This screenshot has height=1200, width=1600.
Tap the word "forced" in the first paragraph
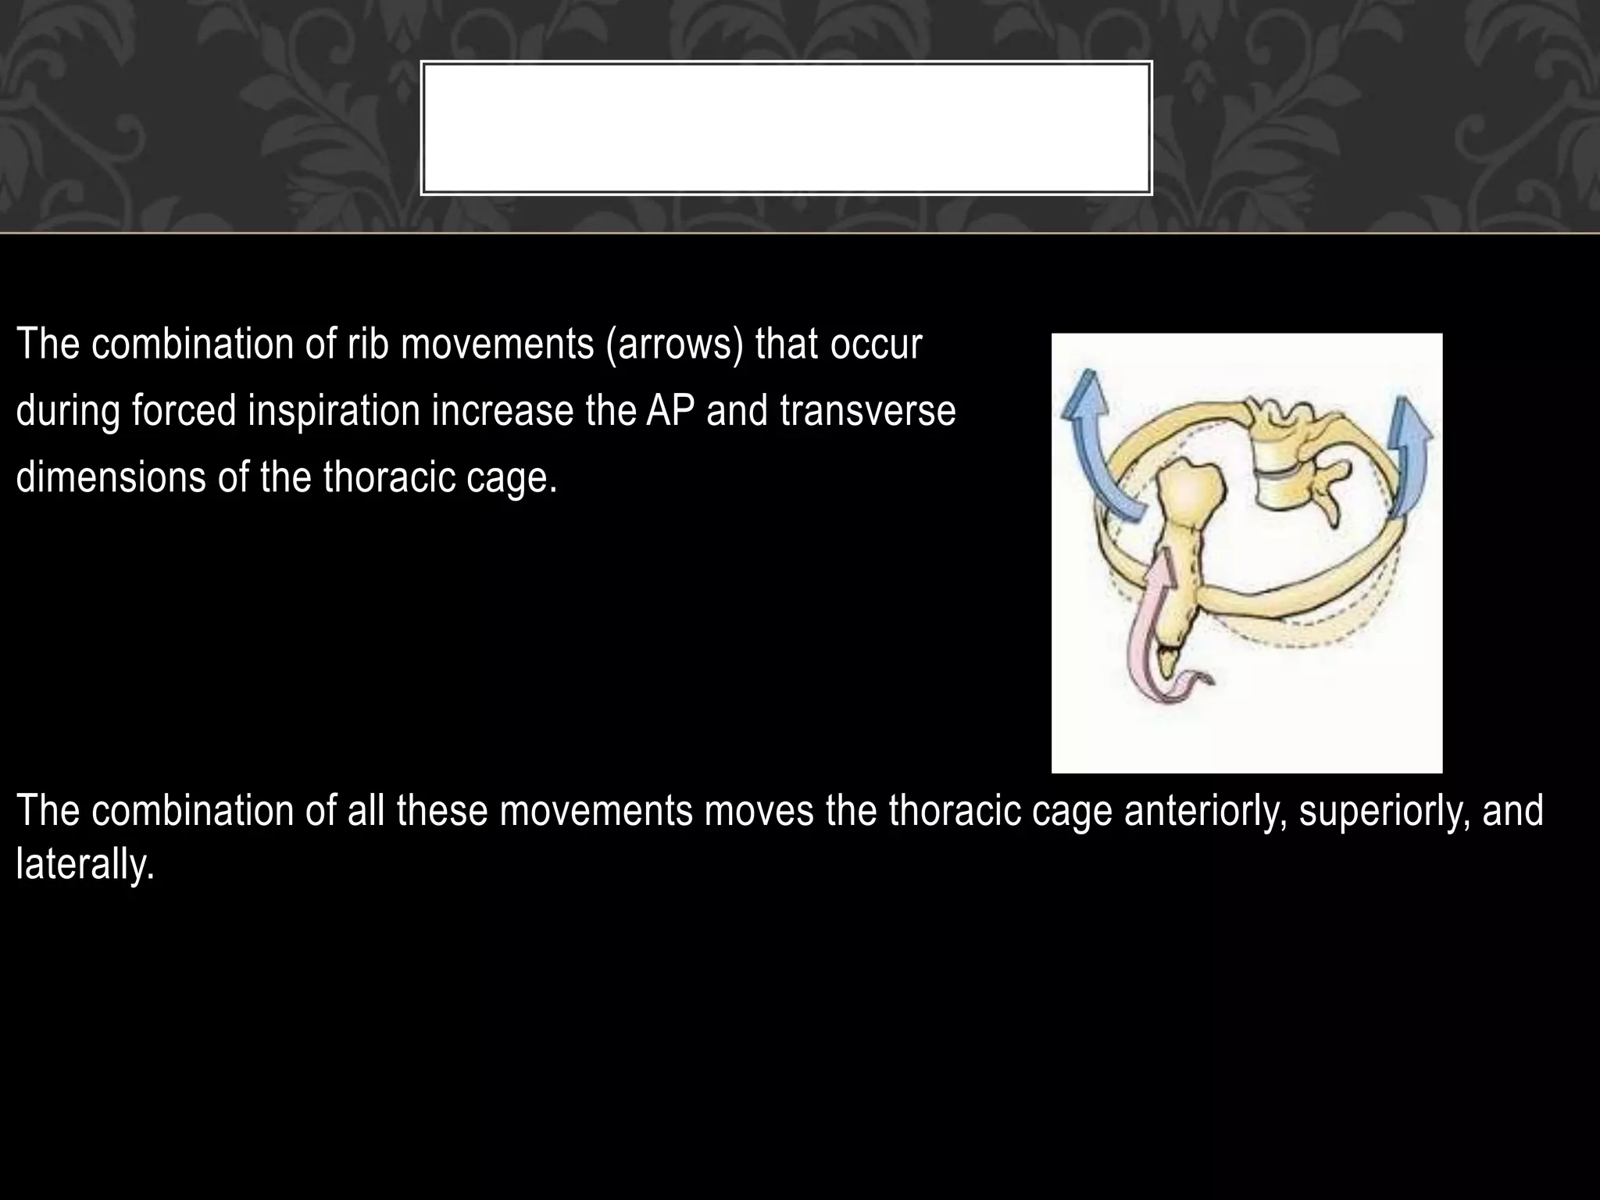tap(184, 411)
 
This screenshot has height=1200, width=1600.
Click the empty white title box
tap(786, 128)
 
